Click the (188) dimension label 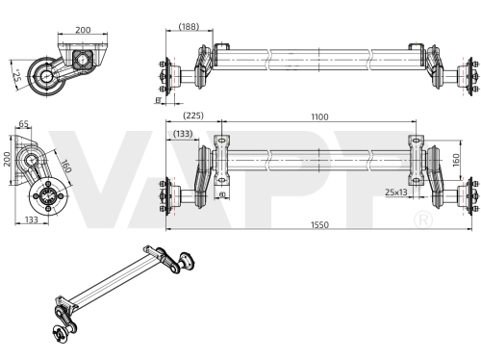pos(189,26)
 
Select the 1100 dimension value pos(319,116)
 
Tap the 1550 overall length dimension pos(319,225)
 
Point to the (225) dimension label pos(193,116)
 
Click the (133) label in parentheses pos(183,134)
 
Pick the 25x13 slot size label pos(396,193)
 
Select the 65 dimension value pos(24,123)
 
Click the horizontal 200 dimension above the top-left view pos(83,30)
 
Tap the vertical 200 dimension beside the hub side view pos(7,160)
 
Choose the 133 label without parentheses pos(32,219)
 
